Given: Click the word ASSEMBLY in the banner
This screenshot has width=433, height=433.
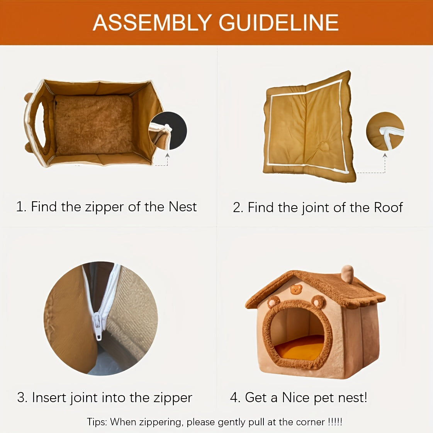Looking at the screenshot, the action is click(x=152, y=23).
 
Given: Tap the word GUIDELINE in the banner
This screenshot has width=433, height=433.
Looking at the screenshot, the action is click(x=278, y=23).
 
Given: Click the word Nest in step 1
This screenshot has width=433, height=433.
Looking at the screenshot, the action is click(x=183, y=207).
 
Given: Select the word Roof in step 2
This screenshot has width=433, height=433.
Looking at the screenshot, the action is click(x=389, y=207).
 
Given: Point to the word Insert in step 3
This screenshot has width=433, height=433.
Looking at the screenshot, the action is click(x=49, y=397).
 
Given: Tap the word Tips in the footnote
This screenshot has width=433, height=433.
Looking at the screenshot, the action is click(x=97, y=422).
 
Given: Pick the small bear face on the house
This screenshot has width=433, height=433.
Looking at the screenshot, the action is click(x=296, y=290).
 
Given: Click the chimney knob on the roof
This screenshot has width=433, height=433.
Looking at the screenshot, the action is click(x=347, y=274).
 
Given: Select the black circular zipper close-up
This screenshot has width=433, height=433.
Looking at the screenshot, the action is click(x=168, y=131).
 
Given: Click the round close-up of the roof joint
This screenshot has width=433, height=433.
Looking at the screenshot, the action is click(x=385, y=131).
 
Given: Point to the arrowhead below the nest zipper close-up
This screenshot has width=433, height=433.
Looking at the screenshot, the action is click(x=167, y=156).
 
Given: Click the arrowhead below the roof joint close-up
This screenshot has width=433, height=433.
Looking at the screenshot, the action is click(x=385, y=156).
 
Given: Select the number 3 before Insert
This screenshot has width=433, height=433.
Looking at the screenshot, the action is click(x=21, y=397).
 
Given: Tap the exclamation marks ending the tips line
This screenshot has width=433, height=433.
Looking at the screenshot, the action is click(x=335, y=422).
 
